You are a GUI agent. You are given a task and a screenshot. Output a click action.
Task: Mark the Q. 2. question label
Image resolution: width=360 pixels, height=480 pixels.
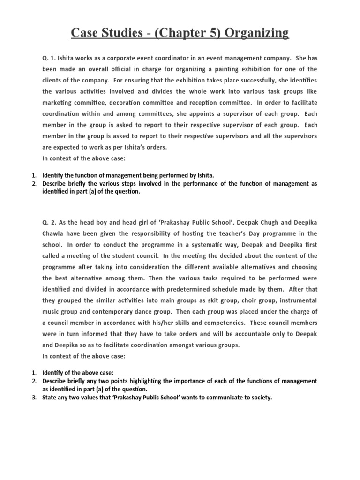[x=49, y=221]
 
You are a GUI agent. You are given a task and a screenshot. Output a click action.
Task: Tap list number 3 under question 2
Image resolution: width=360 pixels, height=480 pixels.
[x=34, y=397]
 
